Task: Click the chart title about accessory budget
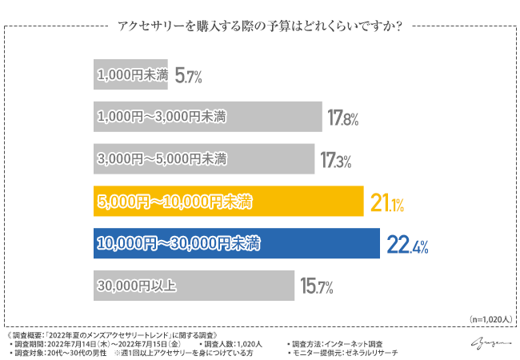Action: [x=260, y=25]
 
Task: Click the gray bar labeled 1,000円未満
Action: [x=130, y=76]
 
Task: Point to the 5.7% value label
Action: [x=188, y=77]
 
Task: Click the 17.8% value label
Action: [x=342, y=118]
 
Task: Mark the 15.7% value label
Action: [x=316, y=286]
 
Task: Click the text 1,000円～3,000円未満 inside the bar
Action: [x=160, y=117]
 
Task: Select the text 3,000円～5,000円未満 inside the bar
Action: [x=161, y=159]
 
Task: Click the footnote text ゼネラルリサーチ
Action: [x=369, y=352]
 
